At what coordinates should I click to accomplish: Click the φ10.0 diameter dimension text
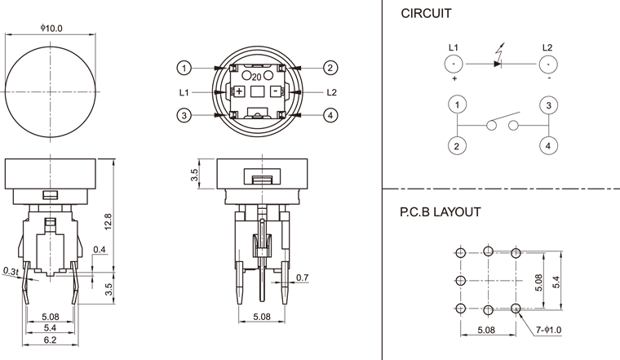coord(51,28)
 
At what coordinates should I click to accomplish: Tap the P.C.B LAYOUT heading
coord(440,211)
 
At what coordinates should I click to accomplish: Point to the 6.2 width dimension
coord(51,339)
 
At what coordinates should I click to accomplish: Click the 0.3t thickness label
coord(11,270)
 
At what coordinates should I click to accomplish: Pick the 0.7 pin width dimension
coord(303,279)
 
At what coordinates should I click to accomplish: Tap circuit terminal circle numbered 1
coord(458,105)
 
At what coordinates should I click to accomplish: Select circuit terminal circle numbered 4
coord(548,145)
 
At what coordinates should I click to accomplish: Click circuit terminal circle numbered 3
coord(548,105)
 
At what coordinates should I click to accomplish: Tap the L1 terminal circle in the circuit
coord(454,63)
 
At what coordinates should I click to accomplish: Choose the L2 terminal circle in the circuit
coord(548,63)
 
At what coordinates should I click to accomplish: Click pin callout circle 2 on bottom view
coord(330,67)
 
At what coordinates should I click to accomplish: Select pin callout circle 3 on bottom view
coord(186,116)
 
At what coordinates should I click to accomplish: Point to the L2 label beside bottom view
coord(331,91)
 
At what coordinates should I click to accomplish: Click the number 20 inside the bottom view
coord(256,76)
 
